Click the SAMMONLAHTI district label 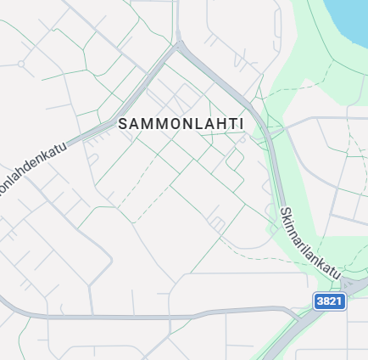tap(181, 124)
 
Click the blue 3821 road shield tap(330, 301)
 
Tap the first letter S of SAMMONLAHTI tap(124, 124)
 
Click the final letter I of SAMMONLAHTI tap(242, 124)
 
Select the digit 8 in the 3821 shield tap(326, 301)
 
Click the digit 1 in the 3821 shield tap(340, 301)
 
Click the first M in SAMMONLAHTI tap(146, 124)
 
